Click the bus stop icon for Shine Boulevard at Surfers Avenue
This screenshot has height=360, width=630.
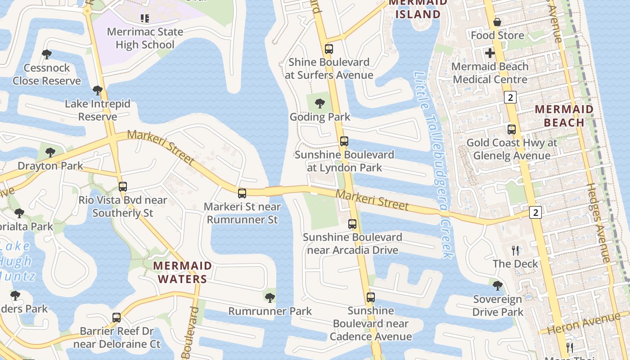pos(329,49)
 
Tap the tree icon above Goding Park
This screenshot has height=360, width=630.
pos(320,104)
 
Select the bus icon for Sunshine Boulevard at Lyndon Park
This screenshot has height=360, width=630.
pos(344,141)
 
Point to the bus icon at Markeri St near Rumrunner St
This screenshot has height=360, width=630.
pos(242,193)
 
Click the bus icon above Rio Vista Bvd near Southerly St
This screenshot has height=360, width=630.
pos(123,186)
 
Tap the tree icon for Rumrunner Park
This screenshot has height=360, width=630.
pos(270,297)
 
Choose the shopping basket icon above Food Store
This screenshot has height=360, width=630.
pos(497,22)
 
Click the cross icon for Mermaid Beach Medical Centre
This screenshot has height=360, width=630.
pos(490,53)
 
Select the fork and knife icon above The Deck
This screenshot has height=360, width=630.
pos(516,250)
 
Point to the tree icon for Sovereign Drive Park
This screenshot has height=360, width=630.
pos(498,285)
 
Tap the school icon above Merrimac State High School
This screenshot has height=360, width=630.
pos(145,18)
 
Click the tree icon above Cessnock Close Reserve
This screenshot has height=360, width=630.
pos(46,55)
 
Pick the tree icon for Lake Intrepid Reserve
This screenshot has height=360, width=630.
pos(97,90)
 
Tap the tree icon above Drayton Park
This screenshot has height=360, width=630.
pos(50,153)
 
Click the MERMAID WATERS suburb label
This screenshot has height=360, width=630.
pos(182,272)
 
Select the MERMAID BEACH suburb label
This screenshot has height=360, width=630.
pos(564,116)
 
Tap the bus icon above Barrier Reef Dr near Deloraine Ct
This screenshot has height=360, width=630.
pos(117,318)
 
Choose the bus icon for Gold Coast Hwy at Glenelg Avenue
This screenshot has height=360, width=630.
pos(512,130)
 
